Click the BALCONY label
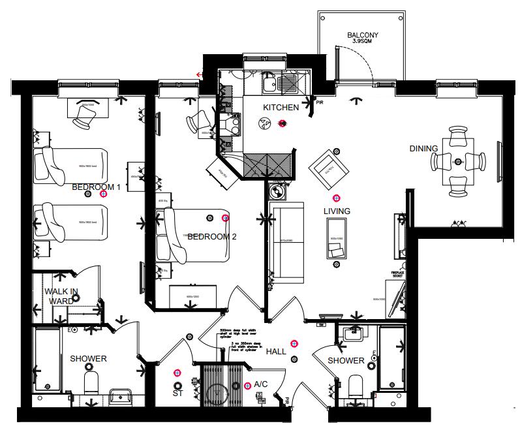coord(363,35)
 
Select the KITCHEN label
coord(281,107)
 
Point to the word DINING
coord(423,149)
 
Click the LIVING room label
coord(337,211)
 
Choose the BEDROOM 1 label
coord(96,187)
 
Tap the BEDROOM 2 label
coord(211,236)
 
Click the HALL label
coord(276,352)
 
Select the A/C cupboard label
coord(262,384)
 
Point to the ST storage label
coord(176,393)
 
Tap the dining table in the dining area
coord(458,162)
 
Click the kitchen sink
coord(286,83)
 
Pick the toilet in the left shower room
coord(90,383)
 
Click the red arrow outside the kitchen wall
coord(199,74)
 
